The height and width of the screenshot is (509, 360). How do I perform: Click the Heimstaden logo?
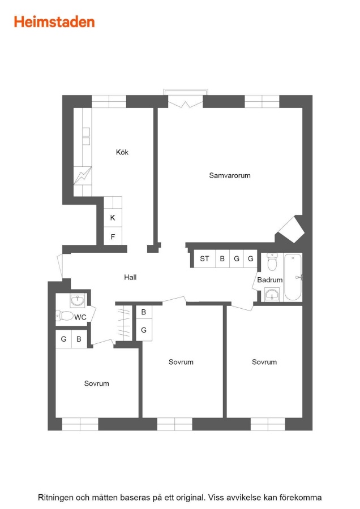pyautogui.click(x=54, y=22)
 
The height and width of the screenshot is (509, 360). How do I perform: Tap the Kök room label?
pyautogui.click(x=122, y=152)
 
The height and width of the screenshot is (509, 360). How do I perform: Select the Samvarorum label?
pyautogui.click(x=230, y=176)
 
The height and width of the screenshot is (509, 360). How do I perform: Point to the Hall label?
pyautogui.click(x=130, y=277)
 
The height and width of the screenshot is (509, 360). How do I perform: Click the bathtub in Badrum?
pyautogui.click(x=293, y=277)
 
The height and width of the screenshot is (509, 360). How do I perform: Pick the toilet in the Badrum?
pyautogui.click(x=272, y=262)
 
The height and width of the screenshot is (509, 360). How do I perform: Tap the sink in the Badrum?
pyautogui.click(x=272, y=295)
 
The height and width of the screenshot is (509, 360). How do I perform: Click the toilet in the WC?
pyautogui.click(x=65, y=315)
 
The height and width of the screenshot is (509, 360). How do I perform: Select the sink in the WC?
pyautogui.click(x=78, y=301)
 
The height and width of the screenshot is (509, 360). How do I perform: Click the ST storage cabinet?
pyautogui.click(x=205, y=258)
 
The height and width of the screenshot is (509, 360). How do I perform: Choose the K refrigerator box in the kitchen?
pyautogui.click(x=113, y=218)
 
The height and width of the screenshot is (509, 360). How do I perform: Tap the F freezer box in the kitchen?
pyautogui.click(x=113, y=236)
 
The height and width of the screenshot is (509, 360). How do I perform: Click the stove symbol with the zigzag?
pyautogui.click(x=83, y=176)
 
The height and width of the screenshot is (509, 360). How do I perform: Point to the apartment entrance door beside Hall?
pyautogui.click(x=60, y=266)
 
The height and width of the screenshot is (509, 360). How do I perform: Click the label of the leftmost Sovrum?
pyautogui.click(x=96, y=383)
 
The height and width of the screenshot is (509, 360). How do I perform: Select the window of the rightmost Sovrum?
pyautogui.click(x=268, y=424)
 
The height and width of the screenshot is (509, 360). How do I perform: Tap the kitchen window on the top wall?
pyautogui.click(x=109, y=102)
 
